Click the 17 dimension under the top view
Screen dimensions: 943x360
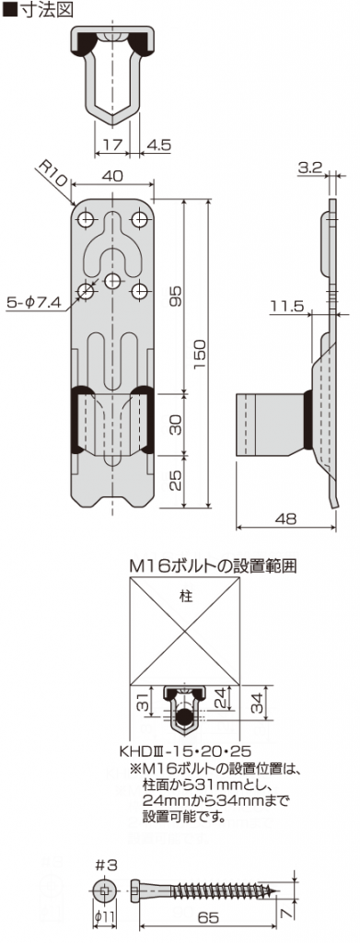pos(111,145)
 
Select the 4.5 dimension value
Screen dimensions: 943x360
pos(157,145)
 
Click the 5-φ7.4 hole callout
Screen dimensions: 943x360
pos(33,300)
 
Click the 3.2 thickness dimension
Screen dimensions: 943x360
pos(310,168)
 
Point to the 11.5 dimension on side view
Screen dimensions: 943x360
pos(287,305)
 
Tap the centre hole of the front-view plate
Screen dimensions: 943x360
pos(112,280)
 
